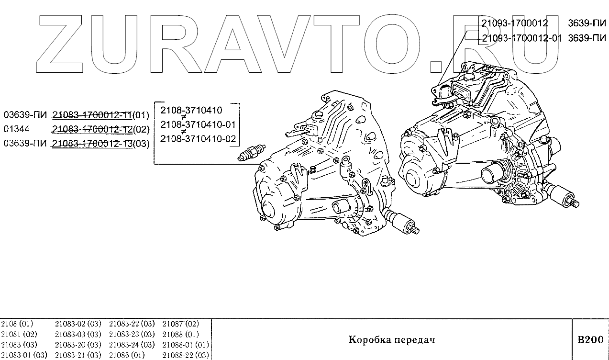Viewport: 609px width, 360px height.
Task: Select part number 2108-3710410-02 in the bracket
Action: click(198, 139)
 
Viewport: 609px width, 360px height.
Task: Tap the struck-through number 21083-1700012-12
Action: click(92, 129)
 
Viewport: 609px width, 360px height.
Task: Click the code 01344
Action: click(16, 129)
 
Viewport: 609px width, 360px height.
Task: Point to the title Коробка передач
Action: click(391, 340)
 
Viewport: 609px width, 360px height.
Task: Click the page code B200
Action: click(590, 340)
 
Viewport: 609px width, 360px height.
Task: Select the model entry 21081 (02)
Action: click(19, 334)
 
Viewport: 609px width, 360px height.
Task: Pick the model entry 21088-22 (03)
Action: click(186, 355)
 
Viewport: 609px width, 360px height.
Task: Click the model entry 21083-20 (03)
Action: click(78, 345)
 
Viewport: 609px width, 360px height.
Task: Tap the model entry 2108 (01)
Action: click(17, 324)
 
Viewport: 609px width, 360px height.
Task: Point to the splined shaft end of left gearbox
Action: click(415, 231)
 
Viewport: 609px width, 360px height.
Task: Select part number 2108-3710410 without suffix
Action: click(191, 110)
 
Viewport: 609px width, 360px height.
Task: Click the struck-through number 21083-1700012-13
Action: click(92, 143)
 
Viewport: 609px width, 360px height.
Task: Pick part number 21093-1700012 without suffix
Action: click(514, 23)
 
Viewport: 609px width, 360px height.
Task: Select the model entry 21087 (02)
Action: click(180, 324)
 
